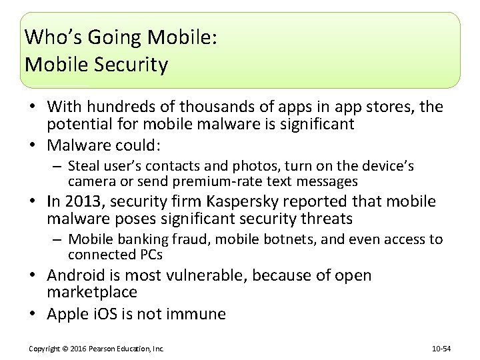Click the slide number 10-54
[x=441, y=349]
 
